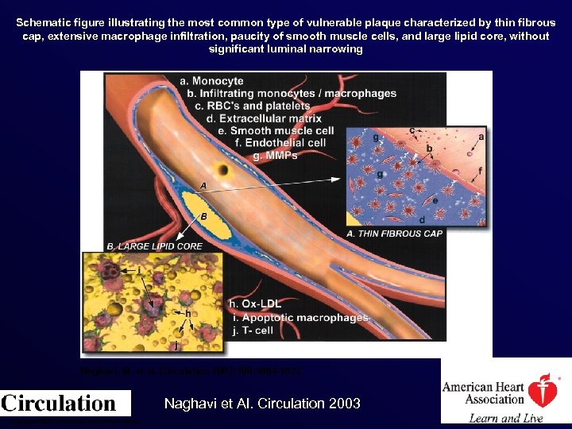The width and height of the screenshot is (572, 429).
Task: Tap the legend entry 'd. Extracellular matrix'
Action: pyautogui.click(x=261, y=118)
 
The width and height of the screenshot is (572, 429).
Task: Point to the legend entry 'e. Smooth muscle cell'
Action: pyautogui.click(x=275, y=131)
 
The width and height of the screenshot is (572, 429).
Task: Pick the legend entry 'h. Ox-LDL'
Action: pyautogui.click(x=254, y=303)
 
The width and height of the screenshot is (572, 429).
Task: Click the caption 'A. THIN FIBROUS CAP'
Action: pyautogui.click(x=395, y=234)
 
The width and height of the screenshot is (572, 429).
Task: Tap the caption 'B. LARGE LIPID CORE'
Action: pyautogui.click(x=154, y=246)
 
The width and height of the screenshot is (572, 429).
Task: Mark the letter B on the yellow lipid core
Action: pyautogui.click(x=203, y=215)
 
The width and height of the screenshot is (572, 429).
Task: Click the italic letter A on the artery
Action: pyautogui.click(x=204, y=185)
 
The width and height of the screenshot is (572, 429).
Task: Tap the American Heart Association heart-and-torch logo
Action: pyautogui.click(x=543, y=392)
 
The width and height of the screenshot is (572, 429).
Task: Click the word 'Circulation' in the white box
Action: pyautogui.click(x=59, y=403)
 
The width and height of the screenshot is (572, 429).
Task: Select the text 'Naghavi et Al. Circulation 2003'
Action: pyautogui.click(x=262, y=404)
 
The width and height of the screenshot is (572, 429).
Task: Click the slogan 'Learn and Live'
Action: pyautogui.click(x=505, y=418)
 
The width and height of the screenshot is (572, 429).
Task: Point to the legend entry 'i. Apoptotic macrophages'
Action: pyautogui.click(x=299, y=317)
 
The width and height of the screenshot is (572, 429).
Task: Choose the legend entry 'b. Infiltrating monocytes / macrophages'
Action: pyautogui.click(x=292, y=93)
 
